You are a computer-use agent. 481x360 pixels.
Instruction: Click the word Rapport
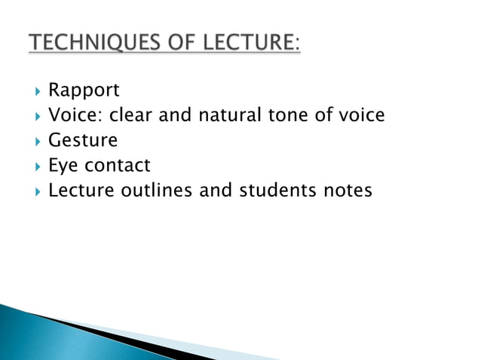point(84,91)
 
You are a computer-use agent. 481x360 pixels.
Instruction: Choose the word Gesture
point(83,141)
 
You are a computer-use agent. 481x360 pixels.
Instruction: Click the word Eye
point(63,166)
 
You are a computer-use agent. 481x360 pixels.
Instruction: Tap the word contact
point(117,166)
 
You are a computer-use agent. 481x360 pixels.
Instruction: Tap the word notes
point(345,191)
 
